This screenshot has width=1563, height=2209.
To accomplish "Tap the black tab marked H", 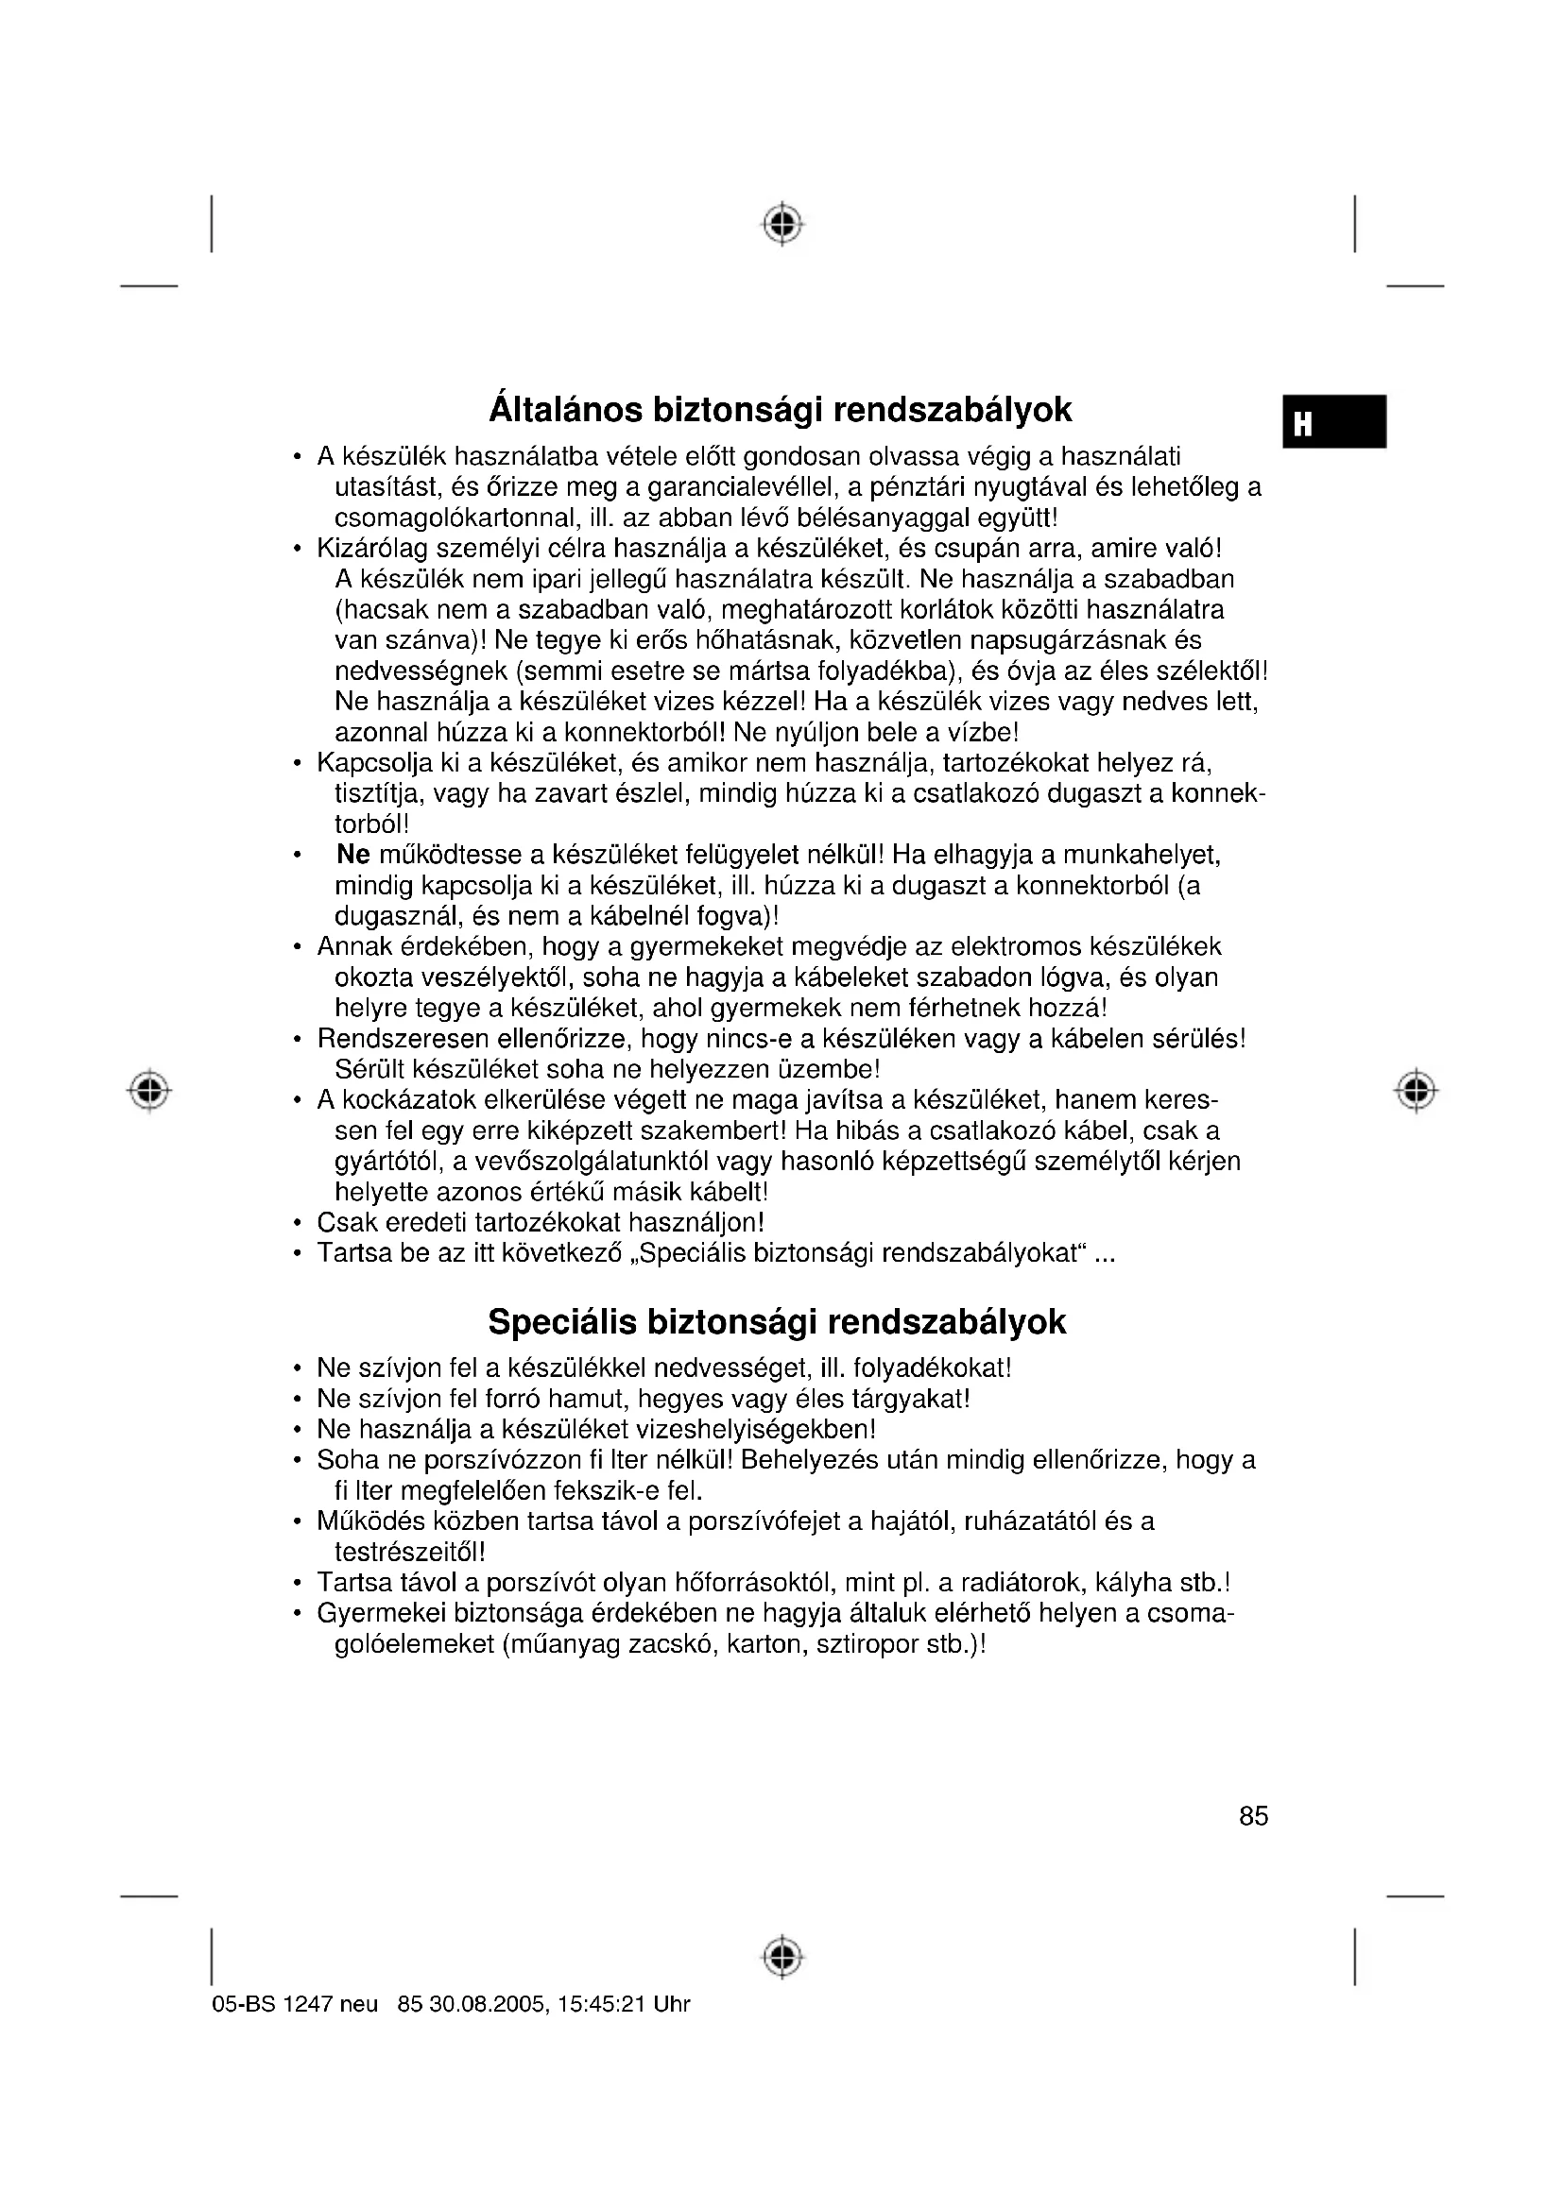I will (x=1333, y=421).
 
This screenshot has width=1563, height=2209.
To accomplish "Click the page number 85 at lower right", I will (x=1253, y=1816).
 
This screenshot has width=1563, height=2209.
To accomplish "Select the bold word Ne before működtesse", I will (x=353, y=855).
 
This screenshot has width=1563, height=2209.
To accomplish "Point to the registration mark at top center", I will (x=782, y=224).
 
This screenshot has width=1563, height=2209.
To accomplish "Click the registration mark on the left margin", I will (x=149, y=1090).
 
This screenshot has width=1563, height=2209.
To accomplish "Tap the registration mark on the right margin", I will (x=1415, y=1090).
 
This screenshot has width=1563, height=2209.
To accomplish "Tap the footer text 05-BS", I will (x=244, y=2004).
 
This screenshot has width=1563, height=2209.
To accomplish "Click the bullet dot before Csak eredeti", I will (x=299, y=1224).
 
